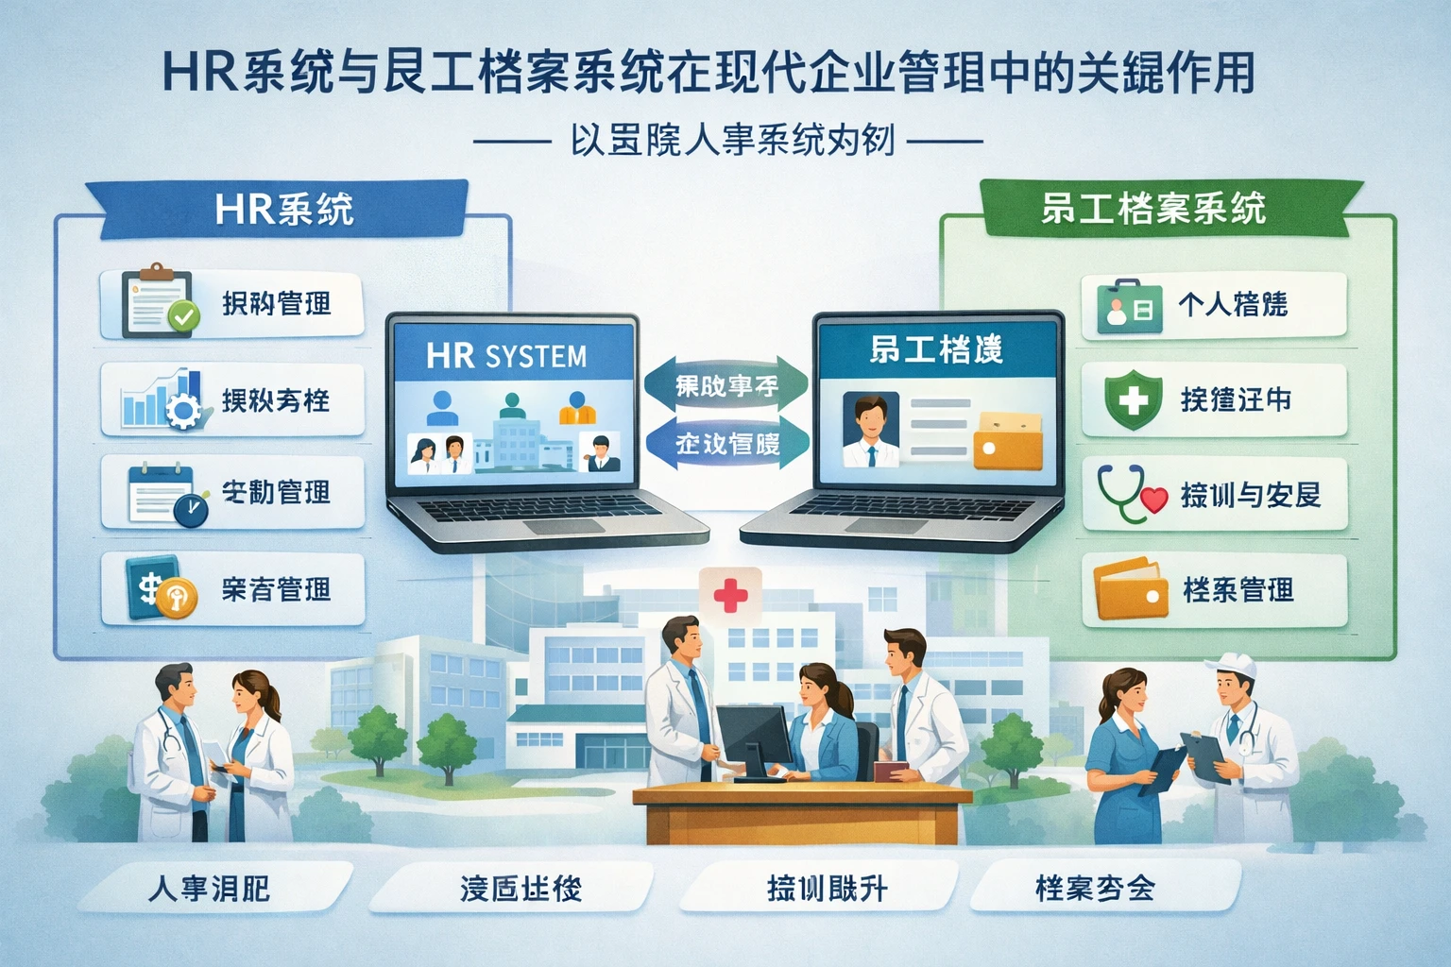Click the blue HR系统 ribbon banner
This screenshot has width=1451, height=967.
283,209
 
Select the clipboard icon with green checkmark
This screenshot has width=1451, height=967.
160,303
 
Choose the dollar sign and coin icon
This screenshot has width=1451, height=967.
161,589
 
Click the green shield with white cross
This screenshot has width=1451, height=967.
1133,399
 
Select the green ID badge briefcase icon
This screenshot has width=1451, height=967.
1129,305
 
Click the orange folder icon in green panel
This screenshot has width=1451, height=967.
1131,589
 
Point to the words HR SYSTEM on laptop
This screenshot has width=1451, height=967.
506,356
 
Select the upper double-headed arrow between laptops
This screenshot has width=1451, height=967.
726,385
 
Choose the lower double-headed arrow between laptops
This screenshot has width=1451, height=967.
726,443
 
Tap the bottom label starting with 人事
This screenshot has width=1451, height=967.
210,889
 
